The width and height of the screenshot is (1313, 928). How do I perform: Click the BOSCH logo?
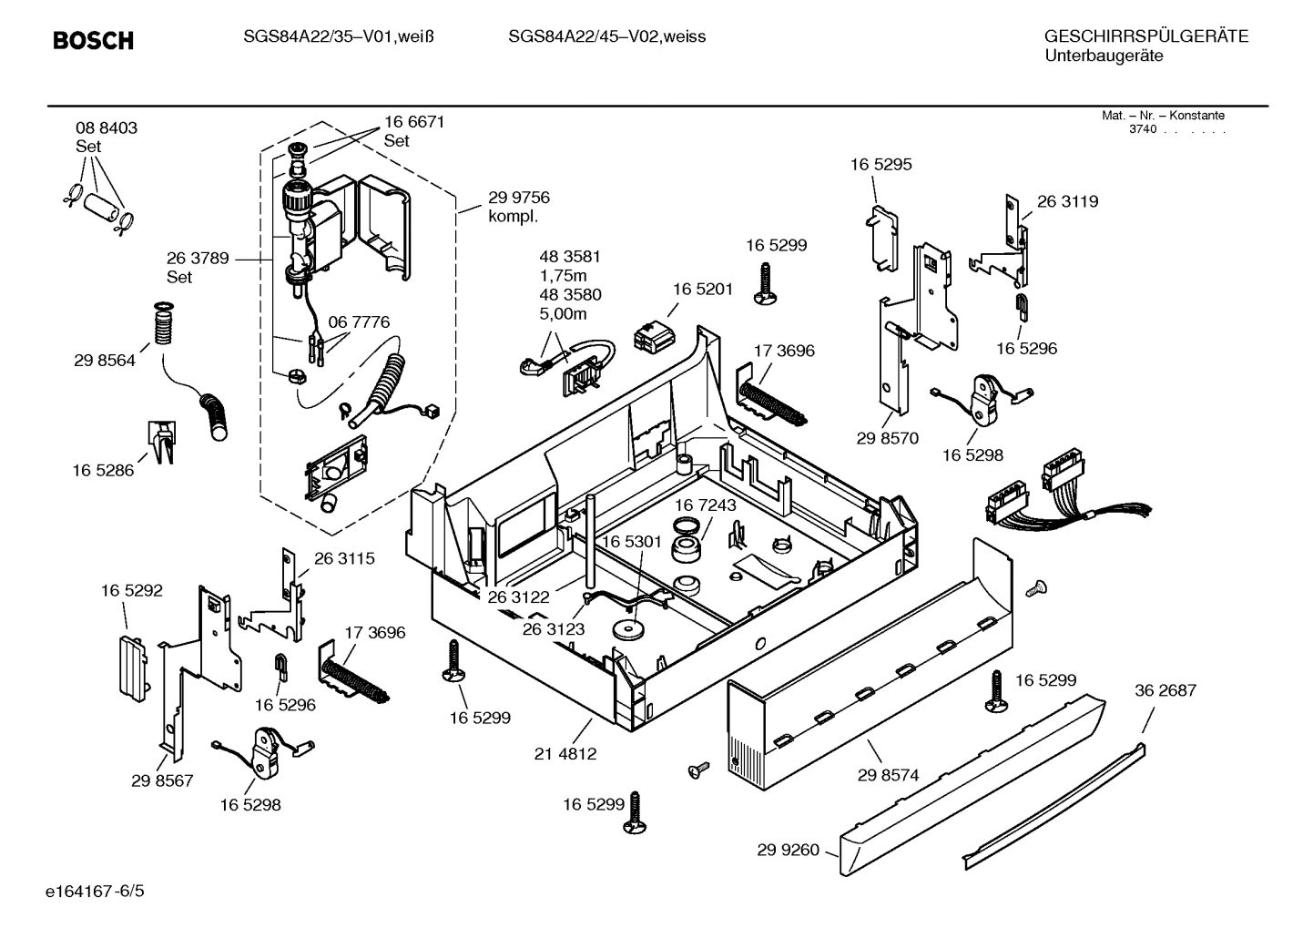pos(93,41)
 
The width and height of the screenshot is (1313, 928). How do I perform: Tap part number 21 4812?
pos(565,754)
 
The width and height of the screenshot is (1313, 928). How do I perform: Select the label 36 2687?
pos(1165,690)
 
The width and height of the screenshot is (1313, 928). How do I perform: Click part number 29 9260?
pos(788,851)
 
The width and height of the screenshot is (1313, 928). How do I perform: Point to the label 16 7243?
pos(706,505)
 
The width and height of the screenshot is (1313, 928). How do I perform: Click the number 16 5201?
pos(703,289)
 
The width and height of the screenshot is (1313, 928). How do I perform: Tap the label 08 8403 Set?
pos(107,137)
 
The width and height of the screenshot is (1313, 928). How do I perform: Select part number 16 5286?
pos(103,471)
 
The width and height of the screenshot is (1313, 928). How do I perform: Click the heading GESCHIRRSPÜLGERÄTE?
pos(1145,37)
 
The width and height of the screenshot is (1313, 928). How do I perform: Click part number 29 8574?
pos(888,775)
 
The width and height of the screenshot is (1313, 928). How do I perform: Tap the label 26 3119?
pos(1067,201)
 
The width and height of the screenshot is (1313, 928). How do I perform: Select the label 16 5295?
pos(880,165)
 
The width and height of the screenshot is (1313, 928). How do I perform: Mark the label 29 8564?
pos(105,361)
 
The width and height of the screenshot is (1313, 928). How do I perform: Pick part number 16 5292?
pos(132,591)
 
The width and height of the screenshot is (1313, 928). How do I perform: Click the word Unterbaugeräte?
pos(1104,56)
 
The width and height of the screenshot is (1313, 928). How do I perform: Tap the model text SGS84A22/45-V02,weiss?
pos(606,37)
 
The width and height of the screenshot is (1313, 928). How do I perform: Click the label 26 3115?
pos(344,558)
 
